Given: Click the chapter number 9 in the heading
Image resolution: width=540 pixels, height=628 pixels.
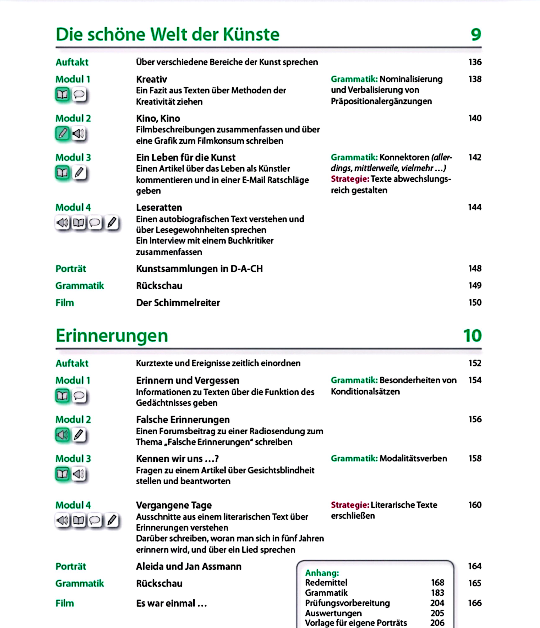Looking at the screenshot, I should [x=476, y=34].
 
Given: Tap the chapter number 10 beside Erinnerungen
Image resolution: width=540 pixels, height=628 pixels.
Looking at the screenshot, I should [x=472, y=336].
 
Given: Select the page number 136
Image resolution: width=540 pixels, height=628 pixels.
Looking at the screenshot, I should [x=475, y=62].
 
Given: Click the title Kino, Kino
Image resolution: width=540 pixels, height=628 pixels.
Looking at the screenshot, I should [x=158, y=118].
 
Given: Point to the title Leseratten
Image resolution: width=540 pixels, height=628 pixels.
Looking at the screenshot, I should [x=159, y=208].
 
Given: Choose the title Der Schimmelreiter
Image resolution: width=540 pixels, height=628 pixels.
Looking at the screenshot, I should [x=178, y=303].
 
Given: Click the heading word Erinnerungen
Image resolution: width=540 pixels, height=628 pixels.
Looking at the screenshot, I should [x=112, y=336].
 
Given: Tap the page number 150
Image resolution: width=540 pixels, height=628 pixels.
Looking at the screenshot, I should [x=475, y=302].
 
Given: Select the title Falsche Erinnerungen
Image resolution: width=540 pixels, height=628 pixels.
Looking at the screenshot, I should [x=183, y=420].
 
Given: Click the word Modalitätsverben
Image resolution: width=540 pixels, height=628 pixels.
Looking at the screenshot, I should [x=413, y=459].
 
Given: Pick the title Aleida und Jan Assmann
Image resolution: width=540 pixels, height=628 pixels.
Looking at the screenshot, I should [x=189, y=566].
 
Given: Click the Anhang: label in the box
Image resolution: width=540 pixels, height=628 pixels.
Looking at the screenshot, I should [x=322, y=573].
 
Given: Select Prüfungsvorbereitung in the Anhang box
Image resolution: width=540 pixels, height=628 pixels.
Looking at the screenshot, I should [x=347, y=603].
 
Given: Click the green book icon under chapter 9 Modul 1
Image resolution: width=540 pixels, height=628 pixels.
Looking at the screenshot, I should [x=62, y=95].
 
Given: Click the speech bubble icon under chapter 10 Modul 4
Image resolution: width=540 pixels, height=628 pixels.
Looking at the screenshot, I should [x=95, y=520].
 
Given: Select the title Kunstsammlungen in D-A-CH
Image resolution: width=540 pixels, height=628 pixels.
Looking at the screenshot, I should [x=199, y=269].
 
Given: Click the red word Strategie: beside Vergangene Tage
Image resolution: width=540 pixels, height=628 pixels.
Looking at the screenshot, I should [x=350, y=505].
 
